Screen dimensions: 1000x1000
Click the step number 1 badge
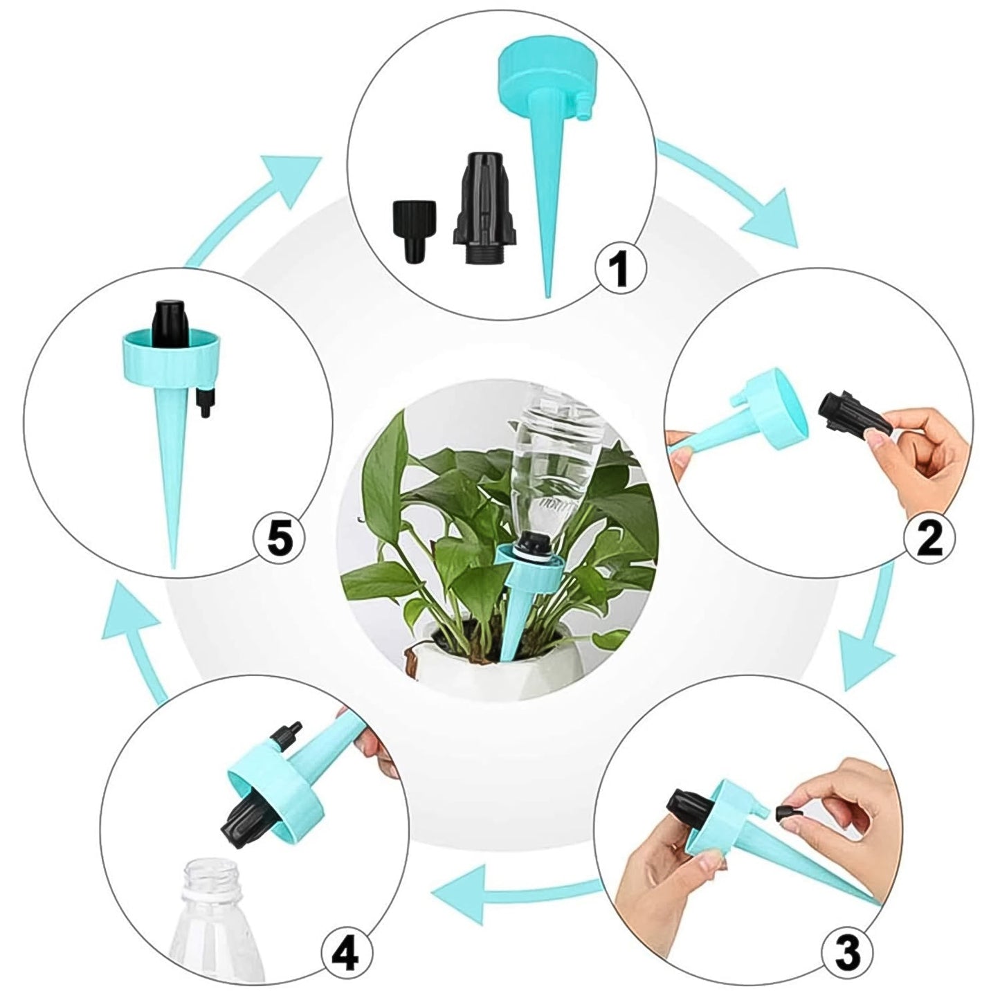[x=621, y=270]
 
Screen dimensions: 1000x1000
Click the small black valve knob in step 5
[x=203, y=401]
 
